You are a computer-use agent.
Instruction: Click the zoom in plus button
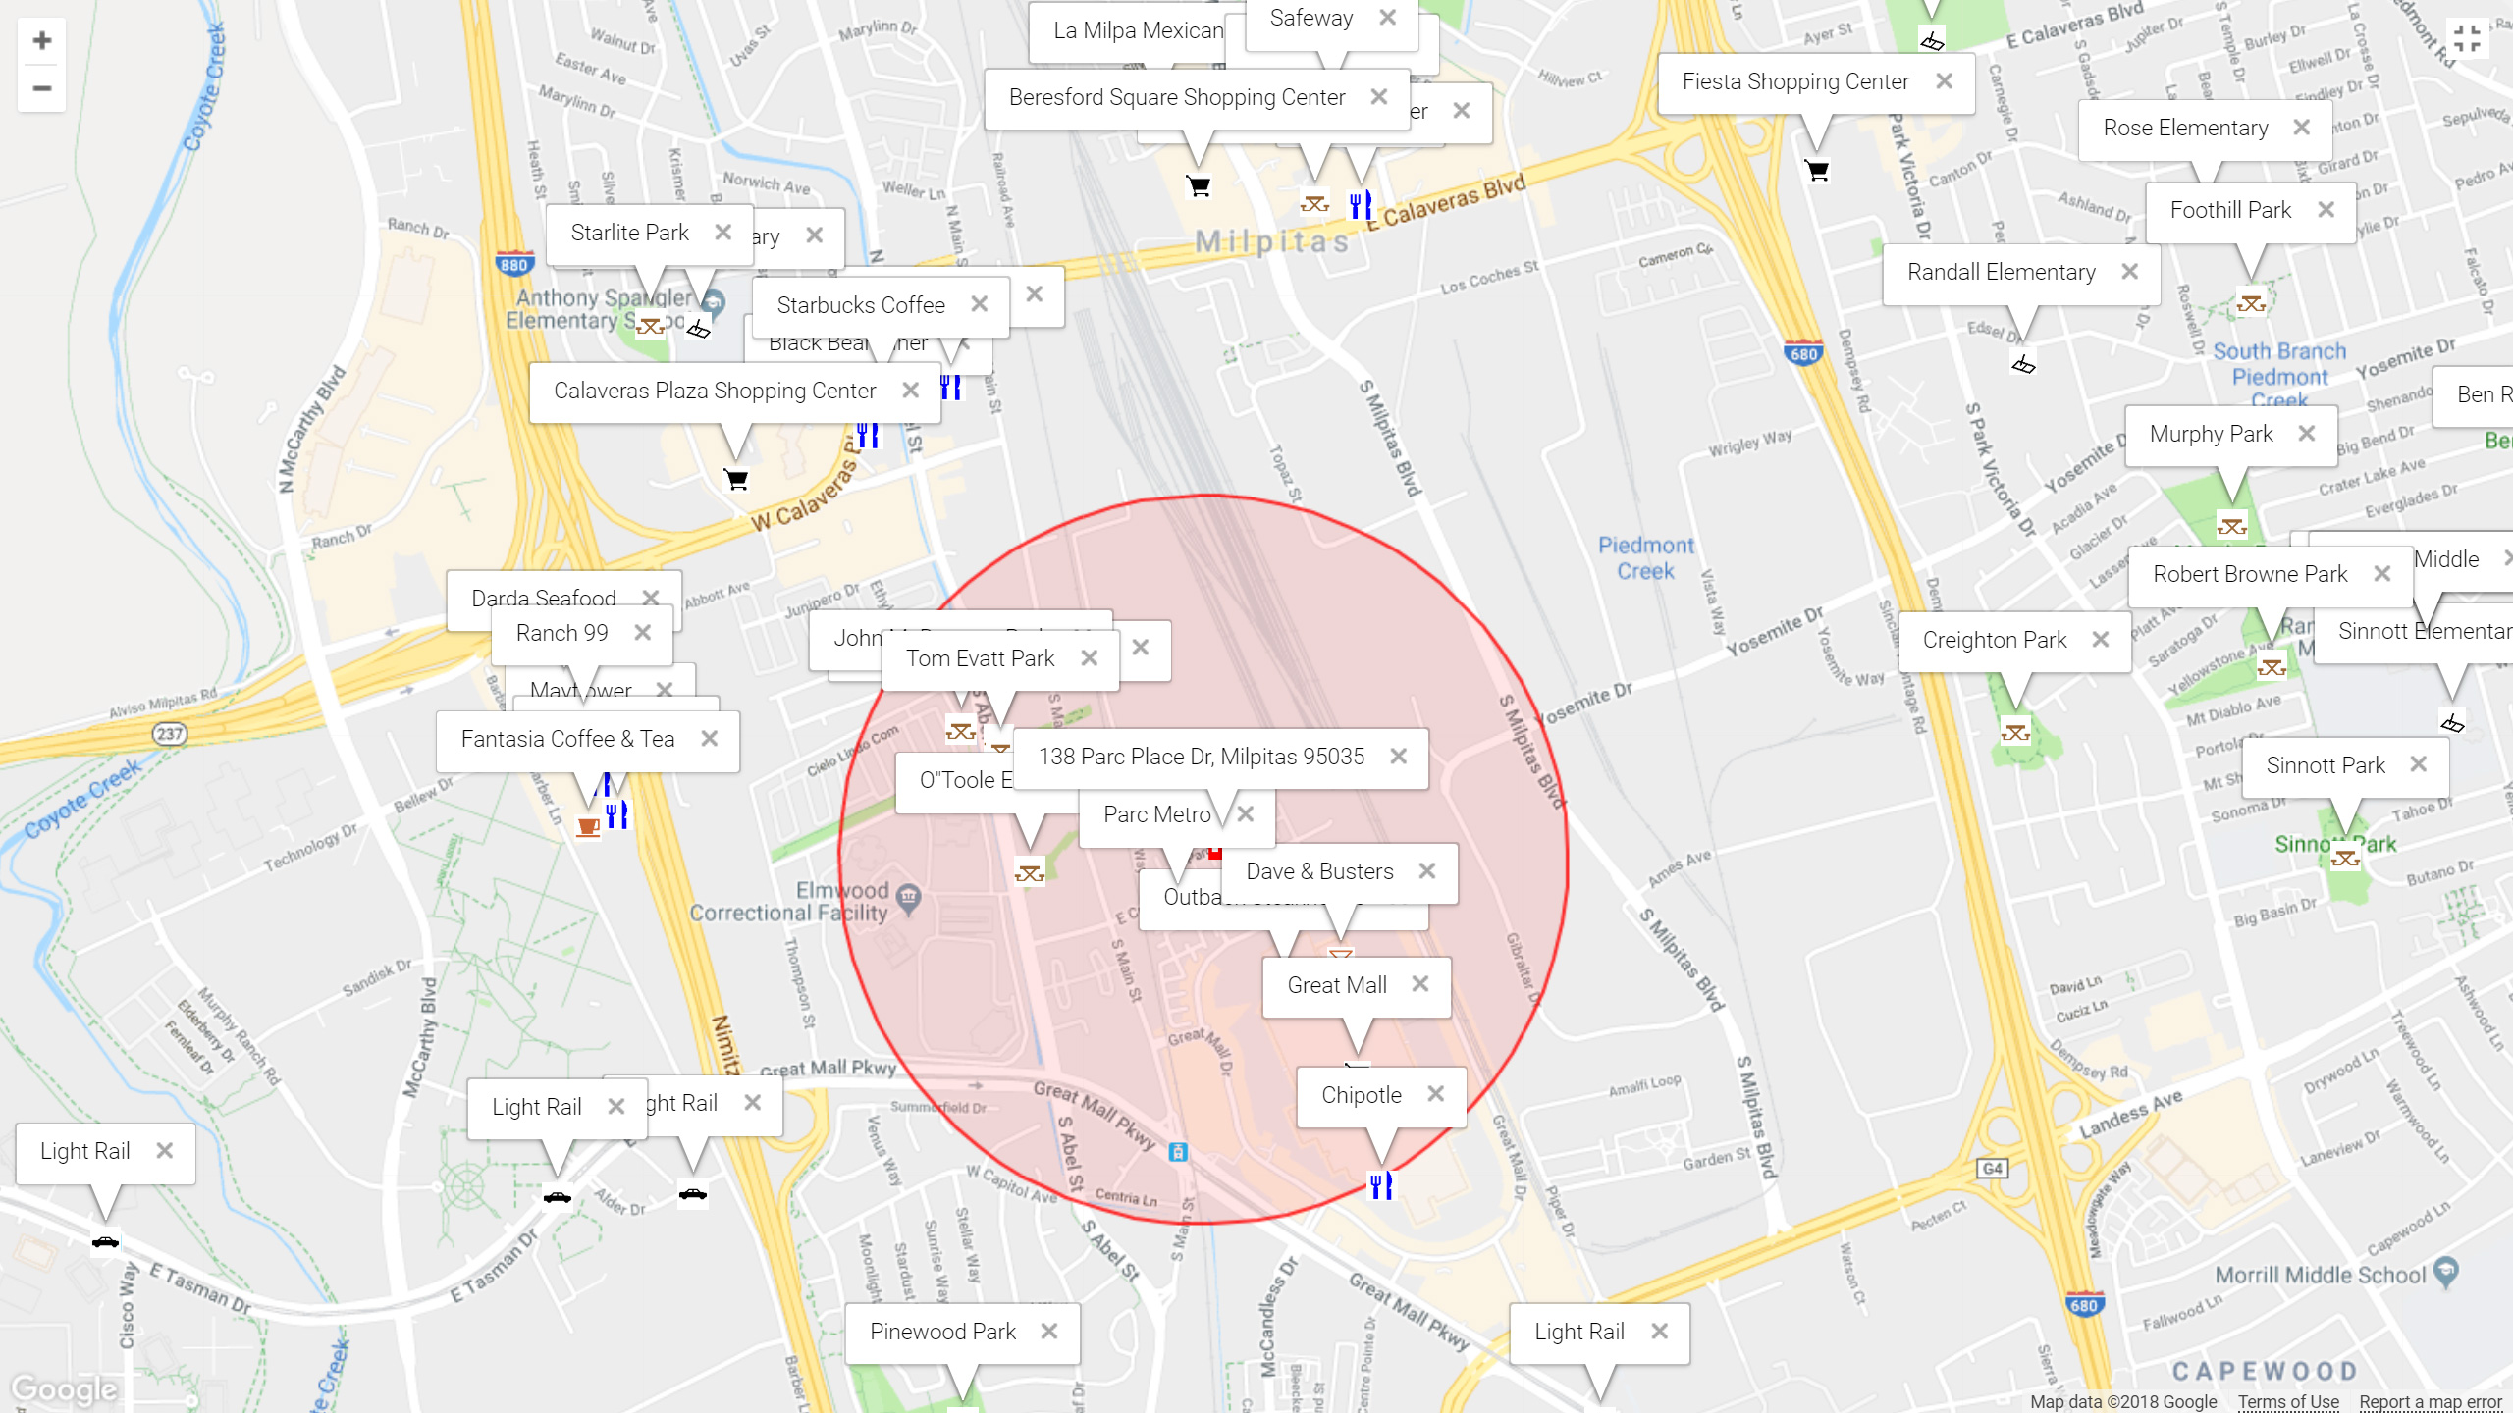[x=41, y=41]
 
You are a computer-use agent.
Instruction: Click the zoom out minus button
[x=41, y=88]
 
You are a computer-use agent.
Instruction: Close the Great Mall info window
[x=1419, y=984]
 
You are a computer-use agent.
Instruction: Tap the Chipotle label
[x=1361, y=1095]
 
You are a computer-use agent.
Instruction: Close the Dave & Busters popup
[x=1426, y=871]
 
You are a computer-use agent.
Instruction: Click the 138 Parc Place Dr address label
[x=1201, y=757]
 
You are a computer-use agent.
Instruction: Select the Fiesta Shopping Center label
[x=1794, y=82]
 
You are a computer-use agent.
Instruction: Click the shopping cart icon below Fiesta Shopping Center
[x=1817, y=171]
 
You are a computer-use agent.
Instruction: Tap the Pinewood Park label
[x=942, y=1332]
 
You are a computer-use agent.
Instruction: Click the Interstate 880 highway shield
[x=513, y=264]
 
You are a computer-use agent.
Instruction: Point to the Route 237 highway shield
[x=169, y=733]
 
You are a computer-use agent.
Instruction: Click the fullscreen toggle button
[x=2466, y=39]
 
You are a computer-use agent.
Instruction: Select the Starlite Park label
[x=629, y=233]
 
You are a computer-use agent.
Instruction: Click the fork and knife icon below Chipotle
[x=1380, y=1186]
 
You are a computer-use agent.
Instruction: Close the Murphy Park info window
[x=2306, y=434]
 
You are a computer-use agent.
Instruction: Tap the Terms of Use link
[x=2287, y=1402]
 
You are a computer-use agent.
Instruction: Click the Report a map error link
[x=2431, y=1402]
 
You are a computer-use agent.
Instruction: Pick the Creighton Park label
[x=1994, y=641]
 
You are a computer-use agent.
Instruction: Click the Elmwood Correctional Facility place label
[x=789, y=902]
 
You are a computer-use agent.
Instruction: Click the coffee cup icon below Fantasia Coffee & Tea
[x=588, y=826]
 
